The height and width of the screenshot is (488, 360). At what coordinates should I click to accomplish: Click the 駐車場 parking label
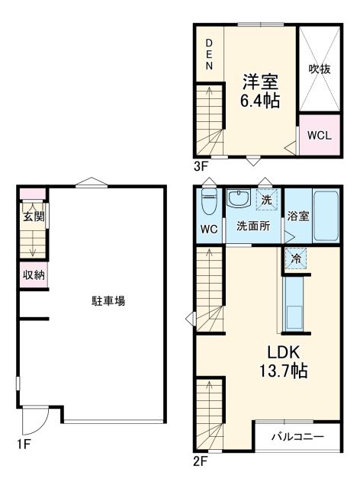104,301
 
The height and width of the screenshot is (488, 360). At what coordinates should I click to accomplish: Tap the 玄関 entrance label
33,217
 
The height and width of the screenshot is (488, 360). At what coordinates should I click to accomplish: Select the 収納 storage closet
33,275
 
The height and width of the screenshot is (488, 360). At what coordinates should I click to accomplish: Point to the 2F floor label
201,461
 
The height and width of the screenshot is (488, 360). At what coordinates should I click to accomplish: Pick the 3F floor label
201,165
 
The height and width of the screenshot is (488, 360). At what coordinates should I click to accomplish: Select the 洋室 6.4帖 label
260,90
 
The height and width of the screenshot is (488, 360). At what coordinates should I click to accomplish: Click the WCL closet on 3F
319,136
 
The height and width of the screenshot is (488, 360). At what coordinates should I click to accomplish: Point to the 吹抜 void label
319,68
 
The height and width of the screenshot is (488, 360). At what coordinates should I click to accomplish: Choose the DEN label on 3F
208,54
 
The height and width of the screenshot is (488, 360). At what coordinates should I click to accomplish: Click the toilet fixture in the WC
207,204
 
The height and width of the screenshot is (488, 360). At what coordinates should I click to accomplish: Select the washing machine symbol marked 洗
266,200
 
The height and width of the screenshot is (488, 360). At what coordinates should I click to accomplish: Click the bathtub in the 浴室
324,216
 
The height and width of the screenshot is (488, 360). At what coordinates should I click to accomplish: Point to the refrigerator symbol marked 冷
296,259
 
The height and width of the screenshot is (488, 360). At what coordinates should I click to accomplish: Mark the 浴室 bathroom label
298,216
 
